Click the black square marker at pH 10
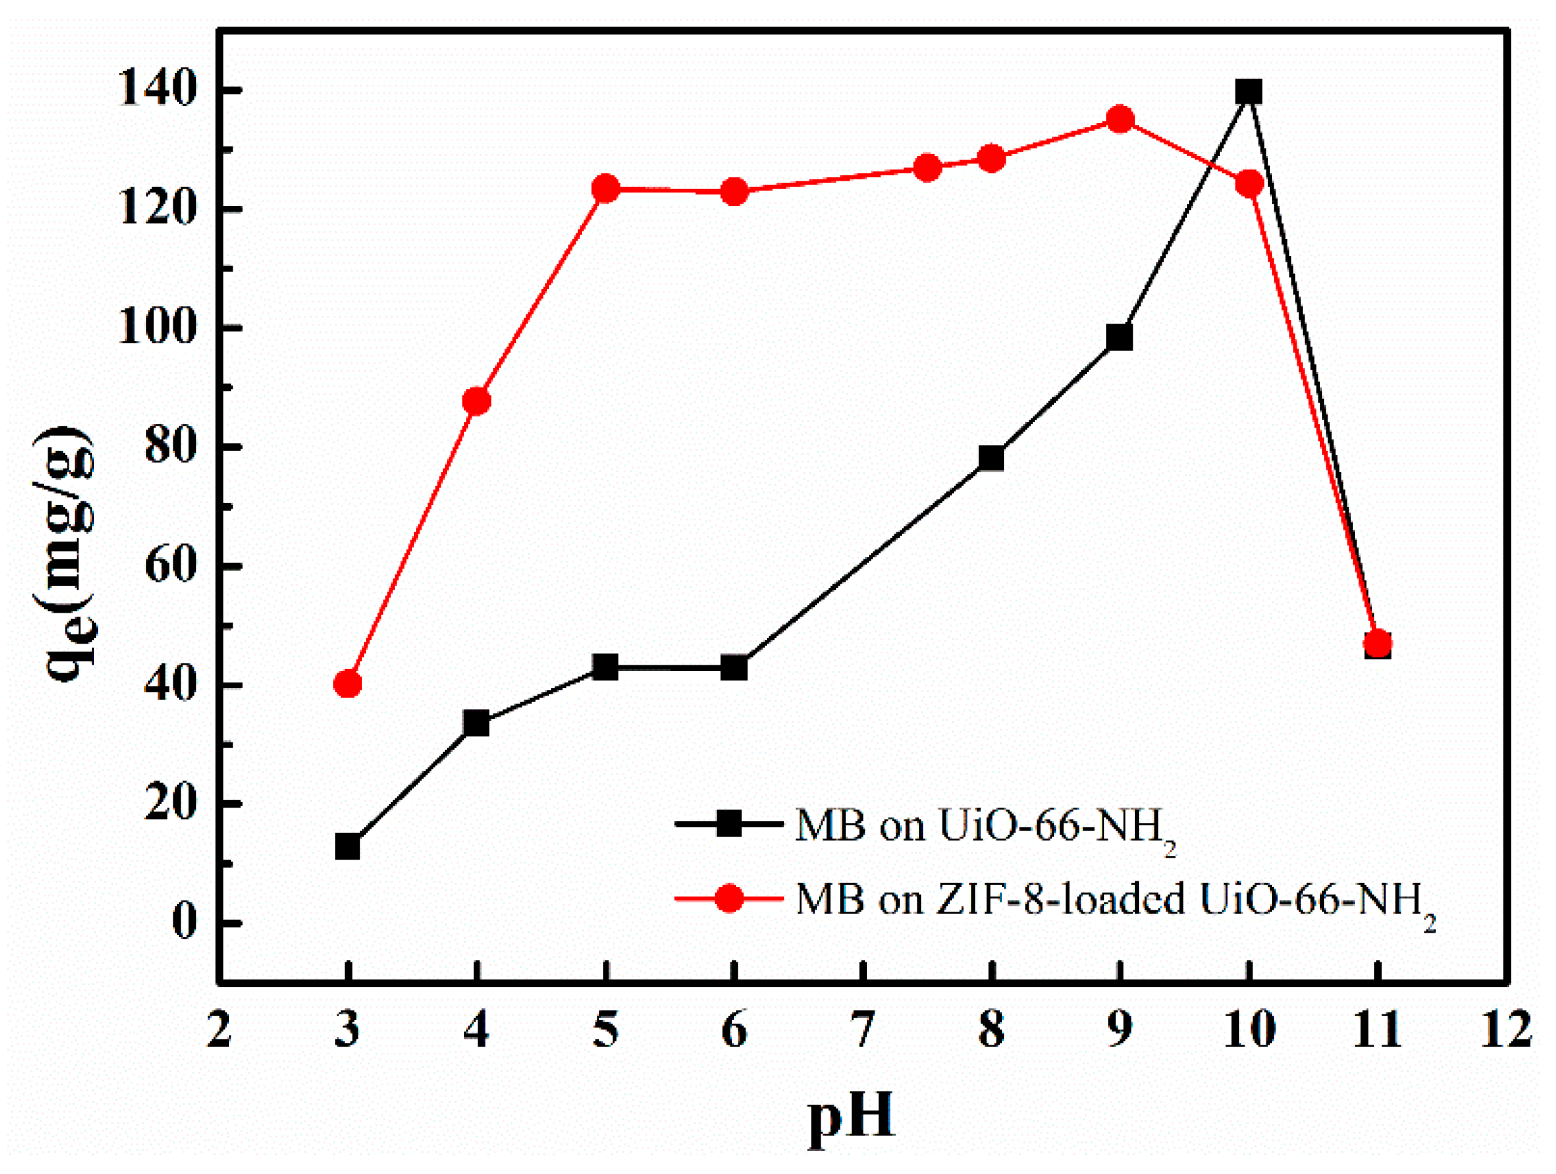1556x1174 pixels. click(x=1248, y=92)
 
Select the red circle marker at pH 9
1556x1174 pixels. click(x=1120, y=119)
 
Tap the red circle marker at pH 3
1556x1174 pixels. click(x=347, y=683)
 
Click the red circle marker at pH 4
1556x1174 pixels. click(x=476, y=401)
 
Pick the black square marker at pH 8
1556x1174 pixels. click(x=991, y=458)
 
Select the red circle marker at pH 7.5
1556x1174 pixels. click(x=927, y=168)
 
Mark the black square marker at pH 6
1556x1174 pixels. click(x=733, y=667)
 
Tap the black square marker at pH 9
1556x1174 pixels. click(x=1120, y=338)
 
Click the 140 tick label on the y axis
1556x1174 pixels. click(x=156, y=90)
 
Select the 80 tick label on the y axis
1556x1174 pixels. click(x=170, y=447)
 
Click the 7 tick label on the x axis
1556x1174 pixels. click(x=862, y=1030)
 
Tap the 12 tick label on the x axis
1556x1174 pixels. click(x=1506, y=1030)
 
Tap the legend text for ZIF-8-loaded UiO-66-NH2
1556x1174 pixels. click(x=1115, y=901)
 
